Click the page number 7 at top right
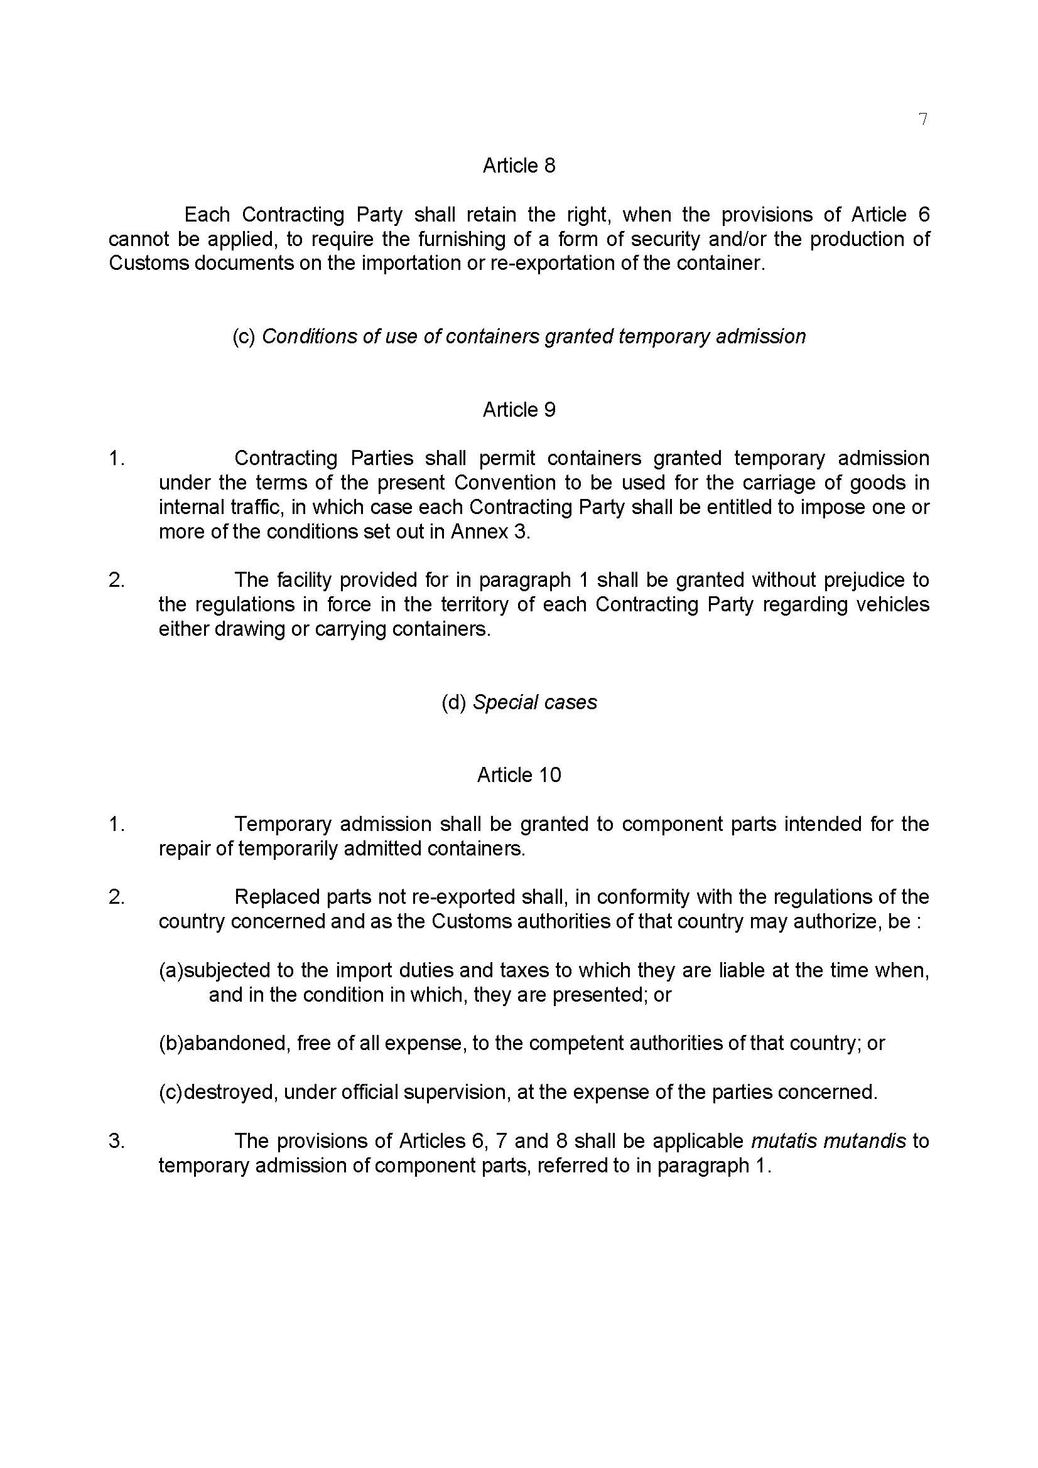[x=922, y=120]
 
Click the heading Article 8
[x=519, y=166]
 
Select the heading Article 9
[x=519, y=409]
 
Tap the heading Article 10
[x=519, y=775]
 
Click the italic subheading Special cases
[x=534, y=702]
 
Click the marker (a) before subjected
[x=171, y=970]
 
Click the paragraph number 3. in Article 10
[x=116, y=1140]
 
